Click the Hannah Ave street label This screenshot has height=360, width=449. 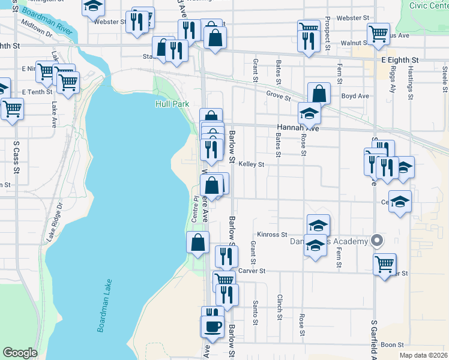297,128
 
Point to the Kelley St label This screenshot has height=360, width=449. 252,164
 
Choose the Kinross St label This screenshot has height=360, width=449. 272,235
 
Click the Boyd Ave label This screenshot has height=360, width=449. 355,96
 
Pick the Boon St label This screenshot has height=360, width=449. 392,345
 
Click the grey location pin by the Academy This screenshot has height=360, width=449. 377,241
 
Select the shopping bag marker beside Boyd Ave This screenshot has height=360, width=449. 319,94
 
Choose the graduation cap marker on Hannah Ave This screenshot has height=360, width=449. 309,113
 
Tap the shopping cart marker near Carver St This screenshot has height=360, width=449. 384,263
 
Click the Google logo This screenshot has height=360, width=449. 20,353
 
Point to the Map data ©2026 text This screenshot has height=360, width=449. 423,355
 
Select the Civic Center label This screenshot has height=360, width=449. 429,5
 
